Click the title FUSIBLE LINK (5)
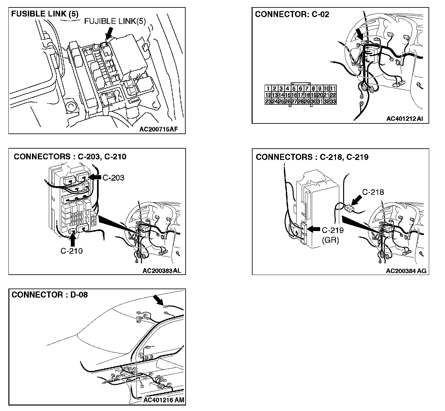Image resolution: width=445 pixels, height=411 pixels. pos(44,14)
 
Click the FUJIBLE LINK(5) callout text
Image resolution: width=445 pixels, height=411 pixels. pos(115,21)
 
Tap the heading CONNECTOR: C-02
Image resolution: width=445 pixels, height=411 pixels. pos(292,14)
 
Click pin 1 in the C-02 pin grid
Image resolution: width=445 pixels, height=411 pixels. pos(268,89)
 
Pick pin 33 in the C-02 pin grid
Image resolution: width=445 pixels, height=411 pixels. pos(333,101)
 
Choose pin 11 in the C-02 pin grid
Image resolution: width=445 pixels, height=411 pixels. pos(333,89)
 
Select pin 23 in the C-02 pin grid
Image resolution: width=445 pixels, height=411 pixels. pos(268,101)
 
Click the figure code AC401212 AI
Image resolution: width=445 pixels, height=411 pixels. pos(405,119)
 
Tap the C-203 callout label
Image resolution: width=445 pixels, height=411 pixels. pos(113,178)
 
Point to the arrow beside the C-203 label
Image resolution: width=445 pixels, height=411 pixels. pos(94,177)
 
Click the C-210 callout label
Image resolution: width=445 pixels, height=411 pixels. pos(71,251)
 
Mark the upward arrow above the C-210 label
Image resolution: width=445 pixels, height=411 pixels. pos(72,239)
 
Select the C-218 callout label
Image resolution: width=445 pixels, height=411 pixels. pos(373,192)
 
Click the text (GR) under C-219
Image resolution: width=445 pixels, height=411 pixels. pos(330,240)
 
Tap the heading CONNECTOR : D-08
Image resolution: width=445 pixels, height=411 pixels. pos(49,295)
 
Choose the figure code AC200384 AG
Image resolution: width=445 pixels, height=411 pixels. pos(406,271)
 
